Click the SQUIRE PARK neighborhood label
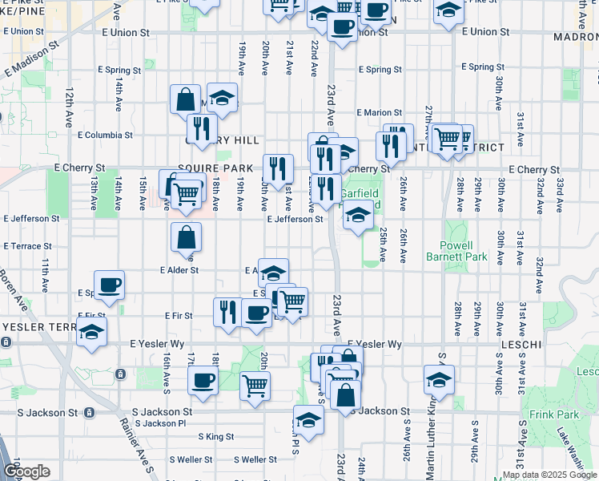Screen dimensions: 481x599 [x=204, y=168]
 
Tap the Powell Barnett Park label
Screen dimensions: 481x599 [x=464, y=251]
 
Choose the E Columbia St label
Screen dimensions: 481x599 [x=105, y=135]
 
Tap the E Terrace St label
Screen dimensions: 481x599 [x=28, y=246]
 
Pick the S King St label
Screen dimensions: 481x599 [x=216, y=437]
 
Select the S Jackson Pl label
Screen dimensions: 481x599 [x=160, y=423]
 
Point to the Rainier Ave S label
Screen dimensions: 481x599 [x=139, y=447]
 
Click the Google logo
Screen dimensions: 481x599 [x=26, y=471]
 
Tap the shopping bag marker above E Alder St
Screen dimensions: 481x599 [x=186, y=237]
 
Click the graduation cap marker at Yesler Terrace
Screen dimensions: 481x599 [x=92, y=332]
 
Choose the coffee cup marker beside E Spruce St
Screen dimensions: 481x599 [x=109, y=285]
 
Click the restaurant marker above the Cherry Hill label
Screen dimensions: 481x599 [x=202, y=128]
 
